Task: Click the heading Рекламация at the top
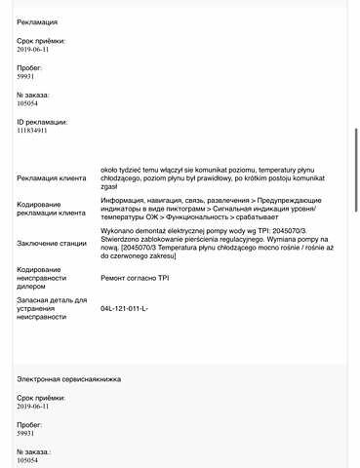point(37,20)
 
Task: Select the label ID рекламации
point(43,122)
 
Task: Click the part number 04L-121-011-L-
point(125,308)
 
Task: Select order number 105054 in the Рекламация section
point(30,102)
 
